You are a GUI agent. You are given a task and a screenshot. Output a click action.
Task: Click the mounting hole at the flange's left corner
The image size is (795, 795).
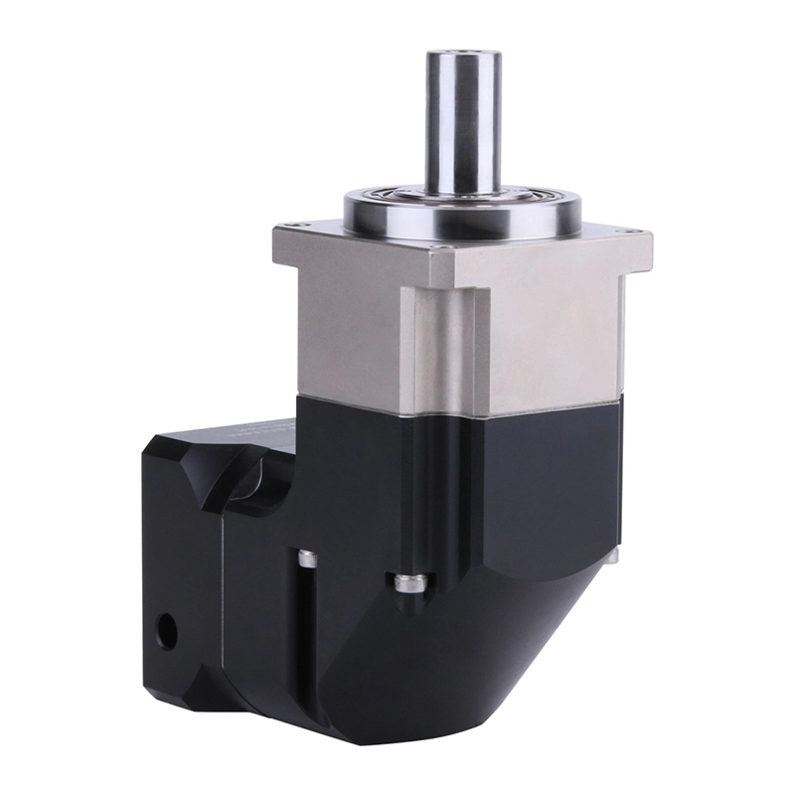288,230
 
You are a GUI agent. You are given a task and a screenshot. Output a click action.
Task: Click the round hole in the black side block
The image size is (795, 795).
166,628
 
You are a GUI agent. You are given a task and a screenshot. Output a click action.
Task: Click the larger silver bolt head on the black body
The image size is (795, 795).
410,582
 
